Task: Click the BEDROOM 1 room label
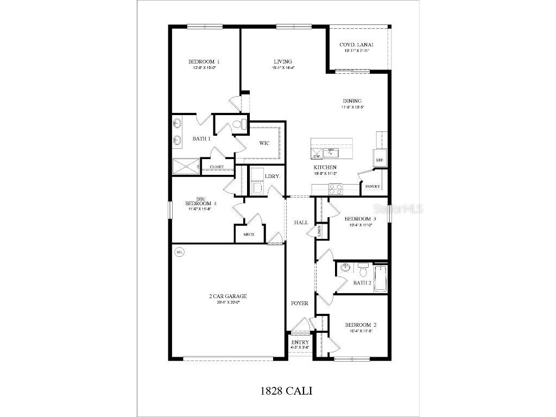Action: click(204, 61)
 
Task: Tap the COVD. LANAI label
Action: click(356, 45)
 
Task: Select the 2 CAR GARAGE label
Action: click(228, 296)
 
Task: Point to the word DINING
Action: click(352, 101)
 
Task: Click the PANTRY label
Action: click(372, 186)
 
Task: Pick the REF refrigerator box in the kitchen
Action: click(380, 160)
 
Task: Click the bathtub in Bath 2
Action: click(381, 279)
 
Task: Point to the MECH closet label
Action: click(249, 234)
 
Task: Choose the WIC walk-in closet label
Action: click(264, 143)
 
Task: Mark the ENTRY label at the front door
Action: click(300, 342)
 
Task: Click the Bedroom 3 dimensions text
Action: click(361, 225)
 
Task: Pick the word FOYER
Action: click(300, 304)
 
